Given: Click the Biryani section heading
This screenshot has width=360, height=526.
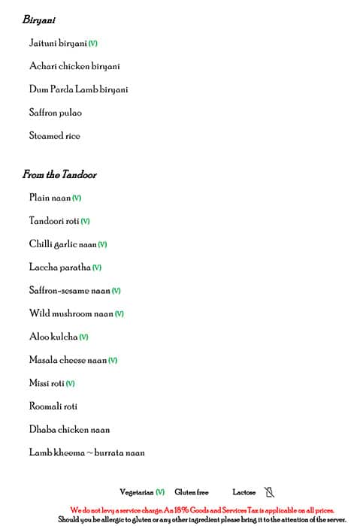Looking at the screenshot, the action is [38, 20].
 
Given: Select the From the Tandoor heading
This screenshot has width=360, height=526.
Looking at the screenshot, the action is [59, 175].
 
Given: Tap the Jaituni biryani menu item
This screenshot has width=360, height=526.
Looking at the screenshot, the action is [59, 44].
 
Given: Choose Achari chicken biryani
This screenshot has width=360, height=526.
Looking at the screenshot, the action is [74, 67].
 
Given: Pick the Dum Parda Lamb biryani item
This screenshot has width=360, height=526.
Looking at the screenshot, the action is [78, 89].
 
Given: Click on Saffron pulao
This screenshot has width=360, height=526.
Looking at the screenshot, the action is [56, 113].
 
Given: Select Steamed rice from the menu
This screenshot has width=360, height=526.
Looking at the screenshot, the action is [54, 136].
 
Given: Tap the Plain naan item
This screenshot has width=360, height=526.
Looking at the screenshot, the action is [50, 198].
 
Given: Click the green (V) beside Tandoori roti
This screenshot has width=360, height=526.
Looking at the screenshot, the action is [85, 222].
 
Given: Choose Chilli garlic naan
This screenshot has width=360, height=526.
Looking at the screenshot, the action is [63, 244].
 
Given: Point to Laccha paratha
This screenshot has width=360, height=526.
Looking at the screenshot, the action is [60, 268].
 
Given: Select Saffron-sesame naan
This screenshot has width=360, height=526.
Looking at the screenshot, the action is [70, 291].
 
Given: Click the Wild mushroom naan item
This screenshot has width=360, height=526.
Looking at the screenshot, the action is [71, 313].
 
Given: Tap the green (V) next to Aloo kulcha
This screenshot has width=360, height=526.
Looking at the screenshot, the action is [83, 337].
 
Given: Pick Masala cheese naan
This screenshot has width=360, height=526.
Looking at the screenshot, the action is [68, 360].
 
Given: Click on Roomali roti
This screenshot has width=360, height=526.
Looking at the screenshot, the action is [53, 407].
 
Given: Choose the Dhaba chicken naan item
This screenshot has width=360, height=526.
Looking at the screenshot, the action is [69, 430].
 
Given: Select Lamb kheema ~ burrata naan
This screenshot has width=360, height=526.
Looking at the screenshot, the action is [86, 453].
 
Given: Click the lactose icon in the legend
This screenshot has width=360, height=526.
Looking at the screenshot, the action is [269, 492].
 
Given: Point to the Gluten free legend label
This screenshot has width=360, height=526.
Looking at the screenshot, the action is [191, 492].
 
